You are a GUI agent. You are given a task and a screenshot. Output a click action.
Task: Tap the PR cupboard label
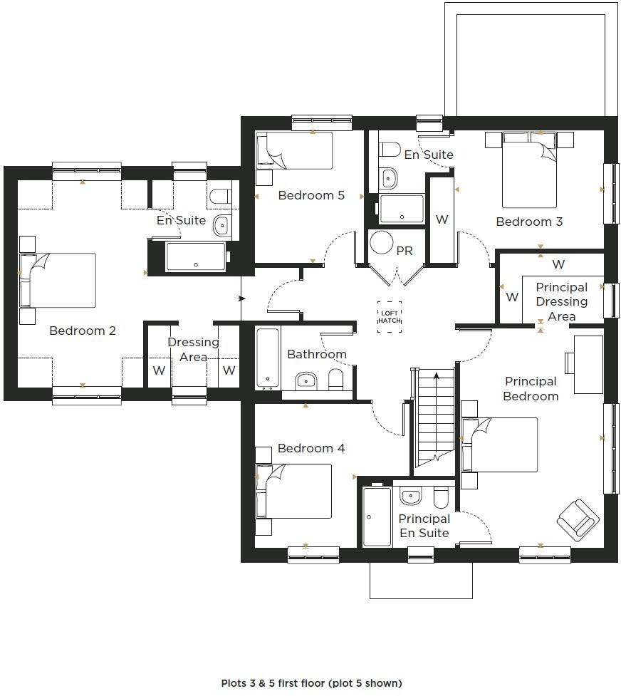point(405,251)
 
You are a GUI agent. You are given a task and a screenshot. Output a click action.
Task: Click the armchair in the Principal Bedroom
point(577,519)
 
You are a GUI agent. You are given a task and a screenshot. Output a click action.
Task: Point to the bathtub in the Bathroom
point(268,359)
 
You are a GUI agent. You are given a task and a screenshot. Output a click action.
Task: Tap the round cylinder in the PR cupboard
point(382,243)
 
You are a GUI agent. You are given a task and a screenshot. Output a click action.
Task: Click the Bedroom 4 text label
point(311,448)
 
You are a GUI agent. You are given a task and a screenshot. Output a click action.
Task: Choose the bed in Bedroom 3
point(529,170)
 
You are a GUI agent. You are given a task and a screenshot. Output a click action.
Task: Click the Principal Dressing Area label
point(561,301)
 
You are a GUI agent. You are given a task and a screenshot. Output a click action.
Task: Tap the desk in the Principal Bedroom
point(588,364)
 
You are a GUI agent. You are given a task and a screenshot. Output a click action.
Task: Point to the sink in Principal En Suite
point(410,496)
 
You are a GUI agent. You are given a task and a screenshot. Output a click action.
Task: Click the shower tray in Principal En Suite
point(377,516)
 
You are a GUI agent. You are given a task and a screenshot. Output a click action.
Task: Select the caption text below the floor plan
point(311,683)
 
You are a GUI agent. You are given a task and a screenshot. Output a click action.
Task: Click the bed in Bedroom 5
point(294,150)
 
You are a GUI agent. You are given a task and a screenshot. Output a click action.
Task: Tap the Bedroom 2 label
point(83,331)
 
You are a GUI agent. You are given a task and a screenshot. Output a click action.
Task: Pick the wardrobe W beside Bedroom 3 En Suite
point(442,219)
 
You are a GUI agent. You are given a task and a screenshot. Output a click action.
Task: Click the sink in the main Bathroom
point(306,379)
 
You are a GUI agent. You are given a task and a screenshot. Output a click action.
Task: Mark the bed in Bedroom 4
point(294,491)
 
